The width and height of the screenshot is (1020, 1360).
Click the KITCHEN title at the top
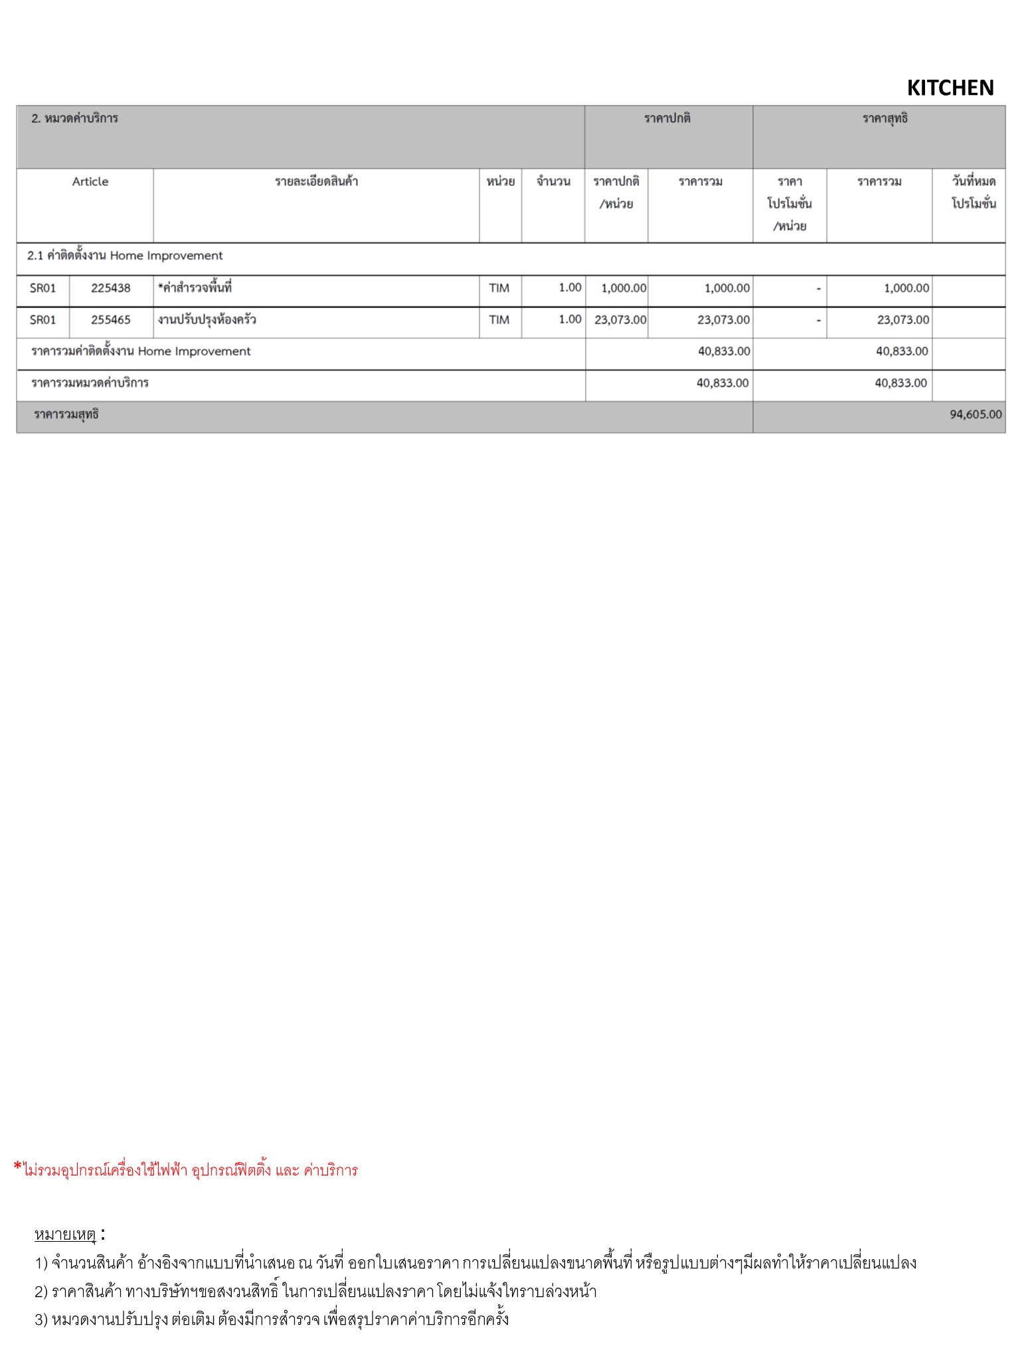pos(950,88)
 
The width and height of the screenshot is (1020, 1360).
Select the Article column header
pos(90,182)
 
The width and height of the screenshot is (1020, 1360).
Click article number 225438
pos(111,288)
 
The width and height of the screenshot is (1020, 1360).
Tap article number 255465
pos(111,320)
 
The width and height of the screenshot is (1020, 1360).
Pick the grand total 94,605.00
pos(975,414)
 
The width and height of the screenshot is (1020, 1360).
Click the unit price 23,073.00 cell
pos(620,320)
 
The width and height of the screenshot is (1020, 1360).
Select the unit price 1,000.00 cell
pos(624,288)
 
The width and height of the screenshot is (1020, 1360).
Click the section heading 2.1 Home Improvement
pos(125,256)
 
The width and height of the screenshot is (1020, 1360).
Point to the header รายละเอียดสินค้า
pos(316,182)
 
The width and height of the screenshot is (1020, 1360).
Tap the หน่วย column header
pos(500,182)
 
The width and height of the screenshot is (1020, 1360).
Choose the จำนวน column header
pos(553,182)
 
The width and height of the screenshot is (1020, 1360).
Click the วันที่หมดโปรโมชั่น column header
pos(974,193)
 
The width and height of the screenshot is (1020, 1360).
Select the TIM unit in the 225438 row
pos(499,288)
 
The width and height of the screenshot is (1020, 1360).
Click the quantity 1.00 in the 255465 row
pos(570,320)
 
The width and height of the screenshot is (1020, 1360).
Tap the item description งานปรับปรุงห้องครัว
pos(207,320)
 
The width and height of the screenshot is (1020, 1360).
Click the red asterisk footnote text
pos(186,1170)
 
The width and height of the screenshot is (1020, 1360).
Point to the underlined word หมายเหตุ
pos(65,1235)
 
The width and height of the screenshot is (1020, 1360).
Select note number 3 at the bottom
pos(272,1319)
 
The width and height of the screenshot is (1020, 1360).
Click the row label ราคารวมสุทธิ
pos(66,415)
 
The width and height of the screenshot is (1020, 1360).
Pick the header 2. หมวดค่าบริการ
pos(74,119)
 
